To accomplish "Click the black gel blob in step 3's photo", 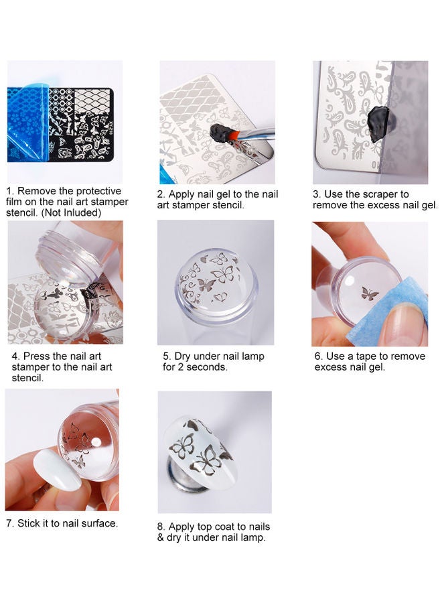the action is [x=378, y=124].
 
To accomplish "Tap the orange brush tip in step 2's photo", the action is [x=234, y=134].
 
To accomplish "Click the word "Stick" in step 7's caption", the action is [x=29, y=523].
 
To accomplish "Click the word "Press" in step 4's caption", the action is [x=36, y=356].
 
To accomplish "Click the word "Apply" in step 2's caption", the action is [x=181, y=194].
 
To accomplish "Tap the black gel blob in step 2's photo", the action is [x=220, y=133].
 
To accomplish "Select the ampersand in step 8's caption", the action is [x=160, y=537].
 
